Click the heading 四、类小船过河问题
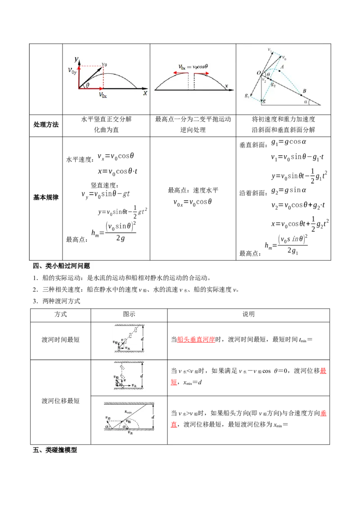[x=62, y=266]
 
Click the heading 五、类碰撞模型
[x=55, y=450]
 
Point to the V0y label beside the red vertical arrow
[x=72, y=70]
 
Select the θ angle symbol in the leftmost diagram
[x=87, y=85]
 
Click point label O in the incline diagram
[x=258, y=73]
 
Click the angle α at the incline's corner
[x=306, y=102]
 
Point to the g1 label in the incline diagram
[x=247, y=95]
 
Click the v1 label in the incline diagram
[x=269, y=49]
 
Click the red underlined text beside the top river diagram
[x=196, y=340]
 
